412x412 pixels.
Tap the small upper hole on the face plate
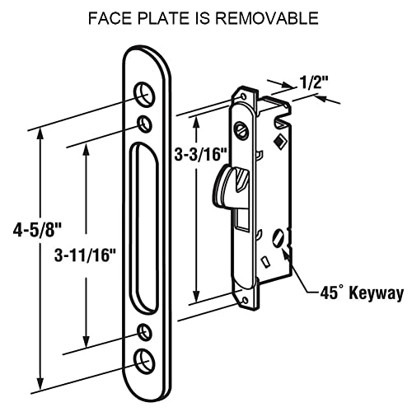146,124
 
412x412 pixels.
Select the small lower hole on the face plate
146,332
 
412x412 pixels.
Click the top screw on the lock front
241,129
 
